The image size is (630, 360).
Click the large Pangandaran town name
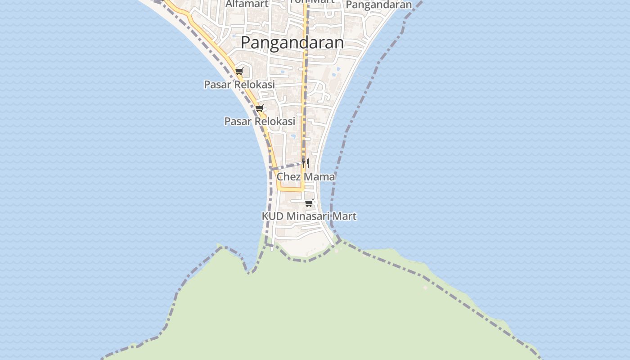[292, 43]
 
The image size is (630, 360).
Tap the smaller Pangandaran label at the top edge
[379, 4]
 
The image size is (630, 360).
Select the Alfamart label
[247, 4]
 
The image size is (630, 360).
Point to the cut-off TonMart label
[312, 2]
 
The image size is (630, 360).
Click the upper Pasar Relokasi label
[239, 85]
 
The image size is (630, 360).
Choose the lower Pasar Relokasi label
[260, 121]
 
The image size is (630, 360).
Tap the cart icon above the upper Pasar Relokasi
[239, 71]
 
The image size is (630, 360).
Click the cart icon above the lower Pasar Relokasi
[259, 108]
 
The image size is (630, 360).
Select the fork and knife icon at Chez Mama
[306, 162]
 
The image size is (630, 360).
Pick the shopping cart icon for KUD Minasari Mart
[309, 203]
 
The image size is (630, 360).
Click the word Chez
[288, 177]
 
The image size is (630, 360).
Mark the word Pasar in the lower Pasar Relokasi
[235, 121]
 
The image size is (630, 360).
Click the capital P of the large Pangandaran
[246, 43]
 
